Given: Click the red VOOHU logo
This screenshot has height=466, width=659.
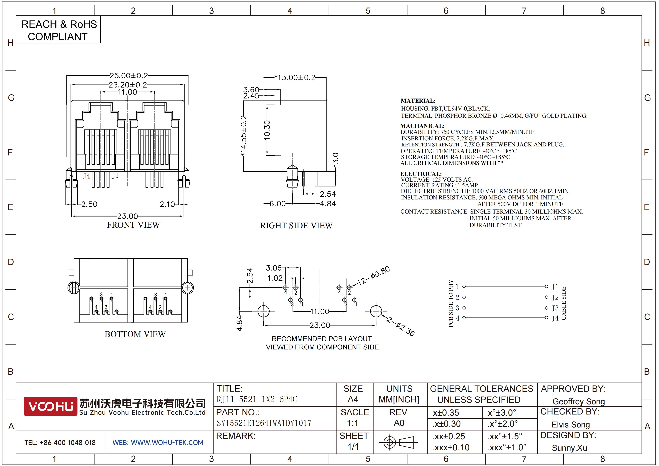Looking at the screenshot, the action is tap(50, 406).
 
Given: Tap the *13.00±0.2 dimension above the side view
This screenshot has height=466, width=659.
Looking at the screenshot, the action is tap(295, 77).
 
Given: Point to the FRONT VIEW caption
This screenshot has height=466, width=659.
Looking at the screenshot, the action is tap(133, 225).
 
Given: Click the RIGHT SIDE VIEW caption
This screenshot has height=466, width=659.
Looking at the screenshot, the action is tap(296, 226).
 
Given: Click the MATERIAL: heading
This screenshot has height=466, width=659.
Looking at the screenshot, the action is tap(418, 101).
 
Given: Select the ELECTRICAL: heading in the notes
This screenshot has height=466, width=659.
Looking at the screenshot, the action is tap(421, 174).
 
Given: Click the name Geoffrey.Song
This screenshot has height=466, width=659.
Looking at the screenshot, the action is tap(578, 402).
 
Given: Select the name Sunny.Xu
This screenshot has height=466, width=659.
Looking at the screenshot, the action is tap(569, 448).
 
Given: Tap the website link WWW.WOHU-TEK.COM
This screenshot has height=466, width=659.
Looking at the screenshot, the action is tap(167, 443).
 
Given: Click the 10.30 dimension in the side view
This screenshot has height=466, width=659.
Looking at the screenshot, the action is tap(267, 130).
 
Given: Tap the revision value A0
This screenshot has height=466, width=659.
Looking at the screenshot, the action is tap(399, 423).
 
